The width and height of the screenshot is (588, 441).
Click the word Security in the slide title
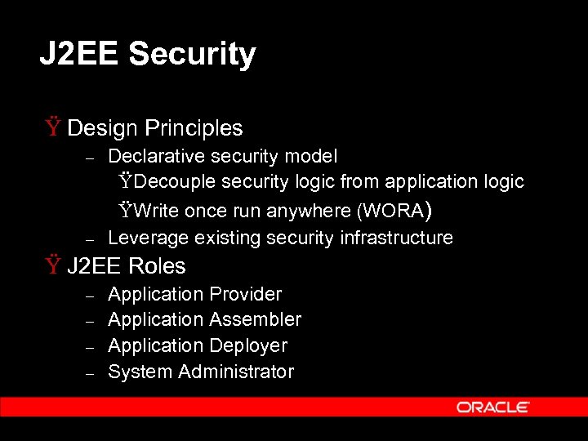pyautogui.click(x=192, y=55)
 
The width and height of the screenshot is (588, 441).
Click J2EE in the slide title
pyautogui.click(x=80, y=55)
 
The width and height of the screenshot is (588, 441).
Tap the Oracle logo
pyautogui.click(x=493, y=407)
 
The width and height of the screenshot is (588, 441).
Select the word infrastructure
pyautogui.click(x=396, y=238)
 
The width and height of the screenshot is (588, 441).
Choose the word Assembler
pyautogui.click(x=256, y=320)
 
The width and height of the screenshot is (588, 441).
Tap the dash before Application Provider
pyautogui.click(x=91, y=296)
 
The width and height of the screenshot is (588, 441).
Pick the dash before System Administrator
pyautogui.click(x=91, y=373)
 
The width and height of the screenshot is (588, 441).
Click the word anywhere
pyautogui.click(x=310, y=212)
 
